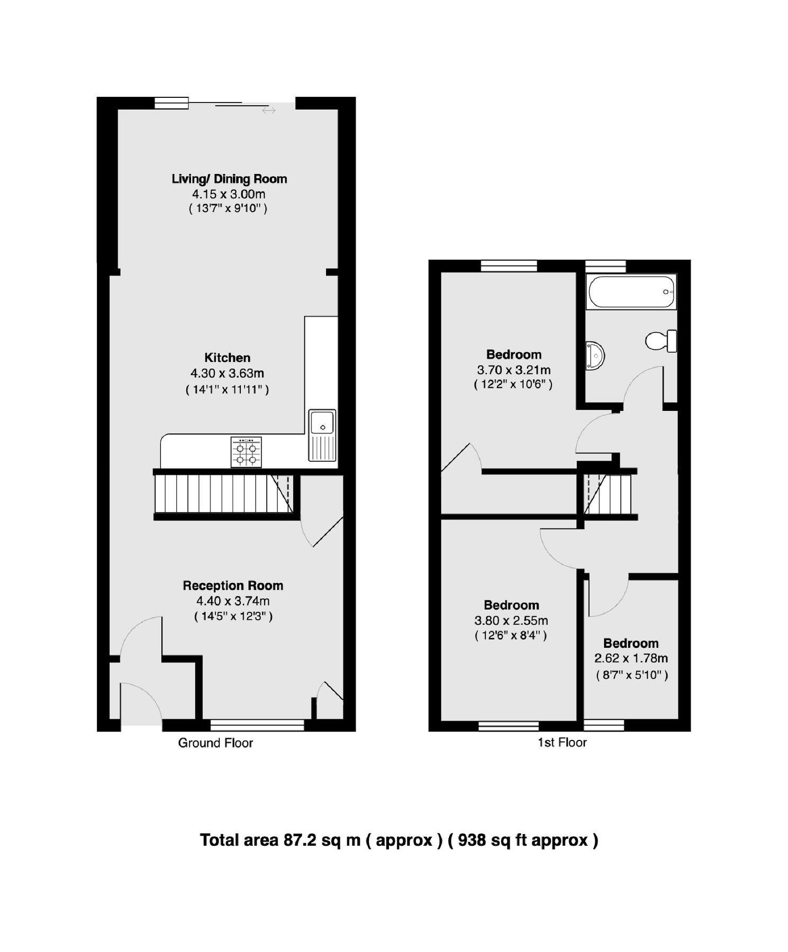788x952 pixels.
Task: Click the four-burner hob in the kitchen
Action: pos(246,452)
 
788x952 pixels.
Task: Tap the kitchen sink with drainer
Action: pos(322,435)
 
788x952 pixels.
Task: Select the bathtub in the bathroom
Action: pos(631,291)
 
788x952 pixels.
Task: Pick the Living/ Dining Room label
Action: pos(229,179)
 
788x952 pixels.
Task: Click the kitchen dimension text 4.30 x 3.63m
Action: pos(227,373)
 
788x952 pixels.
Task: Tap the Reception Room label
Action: pos(233,585)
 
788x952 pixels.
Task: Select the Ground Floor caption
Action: pos(215,743)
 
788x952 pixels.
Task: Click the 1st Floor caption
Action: pos(562,743)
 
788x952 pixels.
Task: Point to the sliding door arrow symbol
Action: pos(269,111)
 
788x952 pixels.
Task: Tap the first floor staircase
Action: pos(608,495)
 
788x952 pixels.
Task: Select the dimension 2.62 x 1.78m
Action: pos(631,658)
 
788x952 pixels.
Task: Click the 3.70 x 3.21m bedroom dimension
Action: pos(513,370)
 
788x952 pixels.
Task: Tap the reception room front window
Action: pos(257,725)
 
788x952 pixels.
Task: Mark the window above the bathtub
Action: pos(605,266)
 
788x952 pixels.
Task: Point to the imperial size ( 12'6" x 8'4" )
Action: pos(511,636)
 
